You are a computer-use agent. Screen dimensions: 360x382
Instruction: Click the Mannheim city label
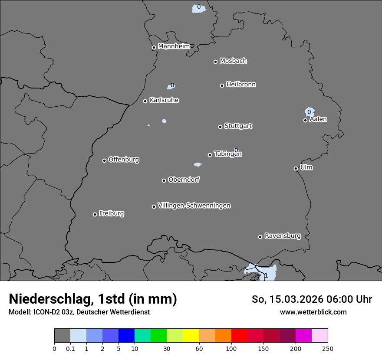pyautogui.click(x=174, y=46)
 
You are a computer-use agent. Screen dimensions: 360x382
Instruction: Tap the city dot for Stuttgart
pyautogui.click(x=220, y=127)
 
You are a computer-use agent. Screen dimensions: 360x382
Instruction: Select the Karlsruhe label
pyautogui.click(x=164, y=100)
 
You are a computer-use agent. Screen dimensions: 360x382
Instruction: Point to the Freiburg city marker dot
pyautogui.click(x=95, y=214)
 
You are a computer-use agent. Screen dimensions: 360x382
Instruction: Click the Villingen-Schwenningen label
pyautogui.click(x=194, y=206)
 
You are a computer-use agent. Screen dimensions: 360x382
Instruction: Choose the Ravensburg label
pyautogui.click(x=283, y=236)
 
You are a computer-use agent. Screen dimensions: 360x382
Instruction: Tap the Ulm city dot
pyautogui.click(x=296, y=168)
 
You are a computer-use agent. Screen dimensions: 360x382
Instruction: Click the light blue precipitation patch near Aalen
pyautogui.click(x=310, y=112)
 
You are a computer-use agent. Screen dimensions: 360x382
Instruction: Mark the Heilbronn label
pyautogui.click(x=241, y=85)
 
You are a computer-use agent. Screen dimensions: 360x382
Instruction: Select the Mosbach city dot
pyautogui.click(x=215, y=62)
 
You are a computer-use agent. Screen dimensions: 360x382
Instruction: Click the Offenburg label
pyautogui.click(x=124, y=160)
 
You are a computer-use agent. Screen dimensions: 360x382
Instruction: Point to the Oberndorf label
pyautogui.click(x=184, y=180)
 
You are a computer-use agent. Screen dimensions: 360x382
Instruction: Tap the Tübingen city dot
pyautogui.click(x=210, y=155)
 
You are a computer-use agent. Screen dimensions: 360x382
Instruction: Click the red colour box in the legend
pyautogui.click(x=239, y=336)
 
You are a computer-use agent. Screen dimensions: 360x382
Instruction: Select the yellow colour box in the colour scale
pyautogui.click(x=191, y=336)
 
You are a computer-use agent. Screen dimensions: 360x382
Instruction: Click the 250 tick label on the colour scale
pyautogui.click(x=328, y=348)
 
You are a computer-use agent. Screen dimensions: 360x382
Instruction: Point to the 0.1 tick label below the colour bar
pyautogui.click(x=70, y=348)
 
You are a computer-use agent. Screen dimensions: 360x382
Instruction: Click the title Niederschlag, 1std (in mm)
pyautogui.click(x=93, y=299)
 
